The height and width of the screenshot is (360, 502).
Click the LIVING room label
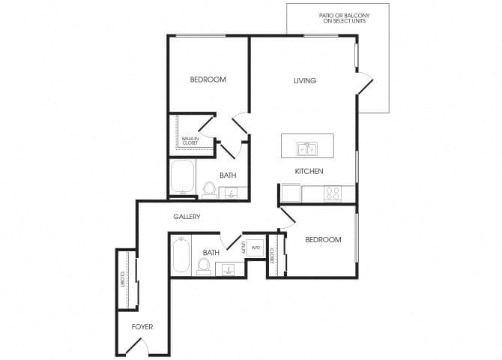[x=305, y=81]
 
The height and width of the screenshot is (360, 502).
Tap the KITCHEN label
[x=309, y=172]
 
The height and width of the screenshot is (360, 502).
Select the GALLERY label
[x=187, y=217]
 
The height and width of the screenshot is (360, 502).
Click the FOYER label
[x=142, y=327]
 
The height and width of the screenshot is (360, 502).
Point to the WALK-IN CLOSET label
[x=190, y=140]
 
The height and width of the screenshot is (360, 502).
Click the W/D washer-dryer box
[x=255, y=247]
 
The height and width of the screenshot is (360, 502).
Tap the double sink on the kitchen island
[x=306, y=148]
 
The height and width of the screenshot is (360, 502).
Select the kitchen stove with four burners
[x=332, y=193]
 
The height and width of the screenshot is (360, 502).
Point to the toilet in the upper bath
[x=209, y=189]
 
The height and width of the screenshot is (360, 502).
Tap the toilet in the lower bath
[x=203, y=266]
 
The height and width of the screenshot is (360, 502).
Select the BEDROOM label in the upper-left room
[x=208, y=79]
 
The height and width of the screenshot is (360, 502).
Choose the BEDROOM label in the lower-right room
[x=323, y=240]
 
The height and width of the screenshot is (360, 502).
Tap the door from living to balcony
[x=365, y=84]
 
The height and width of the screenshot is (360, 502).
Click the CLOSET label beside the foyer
[x=121, y=280]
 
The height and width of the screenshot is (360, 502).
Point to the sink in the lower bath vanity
[x=229, y=268]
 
